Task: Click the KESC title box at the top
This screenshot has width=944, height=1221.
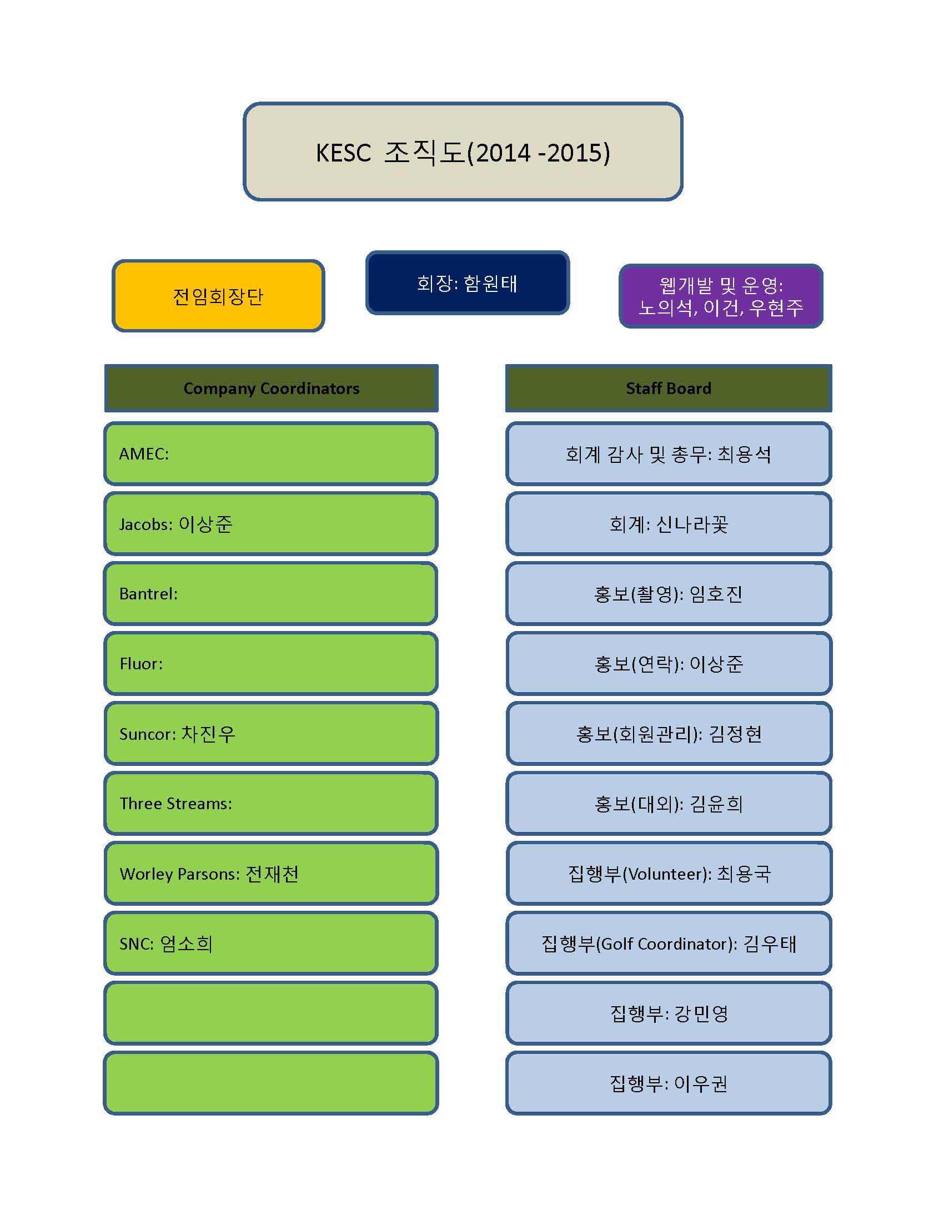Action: click(x=463, y=152)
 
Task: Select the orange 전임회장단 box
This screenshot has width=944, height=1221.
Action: click(x=218, y=296)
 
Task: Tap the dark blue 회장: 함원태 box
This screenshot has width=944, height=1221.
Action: click(x=468, y=283)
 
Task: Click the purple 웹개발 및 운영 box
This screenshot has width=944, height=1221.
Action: click(x=721, y=296)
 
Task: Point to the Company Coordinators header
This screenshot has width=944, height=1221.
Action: click(x=271, y=389)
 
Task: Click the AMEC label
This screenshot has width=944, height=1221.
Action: click(x=144, y=454)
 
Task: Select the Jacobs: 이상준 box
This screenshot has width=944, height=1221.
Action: click(x=270, y=524)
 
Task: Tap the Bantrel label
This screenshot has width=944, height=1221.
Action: click(x=148, y=594)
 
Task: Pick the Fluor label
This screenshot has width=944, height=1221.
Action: click(x=141, y=664)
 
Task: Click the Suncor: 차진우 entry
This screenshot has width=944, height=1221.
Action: click(x=177, y=734)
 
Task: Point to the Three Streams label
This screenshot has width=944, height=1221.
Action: click(x=175, y=804)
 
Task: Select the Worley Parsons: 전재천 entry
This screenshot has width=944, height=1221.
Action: click(x=209, y=874)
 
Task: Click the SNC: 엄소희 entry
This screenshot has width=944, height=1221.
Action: click(x=166, y=944)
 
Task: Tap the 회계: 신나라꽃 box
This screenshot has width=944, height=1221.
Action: click(x=669, y=524)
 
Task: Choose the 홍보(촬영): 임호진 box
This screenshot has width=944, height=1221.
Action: click(x=669, y=594)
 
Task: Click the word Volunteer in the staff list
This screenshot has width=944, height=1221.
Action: click(x=665, y=874)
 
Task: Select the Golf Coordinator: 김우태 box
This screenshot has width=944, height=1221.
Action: click(x=669, y=944)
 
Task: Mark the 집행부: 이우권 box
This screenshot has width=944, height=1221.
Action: click(x=669, y=1083)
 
